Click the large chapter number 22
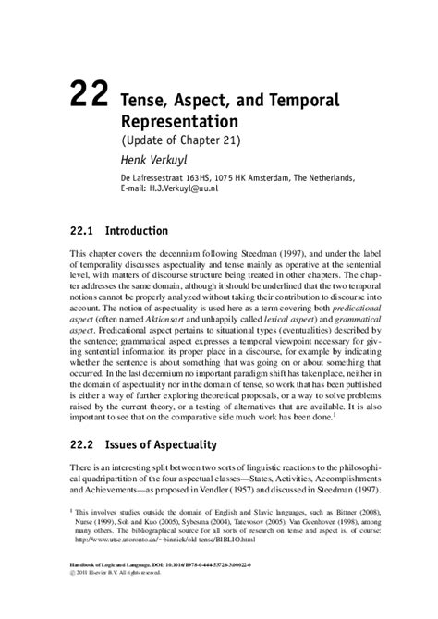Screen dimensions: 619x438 pos(89,96)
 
